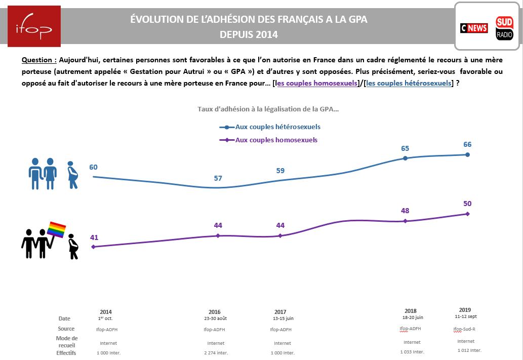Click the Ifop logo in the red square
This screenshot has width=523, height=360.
click(34, 26)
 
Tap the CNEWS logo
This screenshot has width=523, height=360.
click(473, 28)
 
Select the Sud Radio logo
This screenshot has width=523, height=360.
click(504, 28)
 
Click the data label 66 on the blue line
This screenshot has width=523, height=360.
click(467, 145)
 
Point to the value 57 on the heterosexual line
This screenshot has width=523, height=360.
click(218, 178)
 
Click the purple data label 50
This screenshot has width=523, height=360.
click(467, 204)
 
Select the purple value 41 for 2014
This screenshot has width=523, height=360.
click(94, 237)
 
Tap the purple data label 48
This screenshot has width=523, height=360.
click(405, 211)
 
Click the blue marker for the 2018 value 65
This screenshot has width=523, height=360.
click(405, 158)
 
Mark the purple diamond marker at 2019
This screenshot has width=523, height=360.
click(467, 214)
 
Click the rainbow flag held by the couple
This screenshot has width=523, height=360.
click(56, 229)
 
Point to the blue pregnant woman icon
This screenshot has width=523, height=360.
click(73, 175)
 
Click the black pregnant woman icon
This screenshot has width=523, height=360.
click(73, 247)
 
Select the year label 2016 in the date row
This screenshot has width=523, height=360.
click(214, 312)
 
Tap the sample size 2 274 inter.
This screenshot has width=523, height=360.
click(214, 353)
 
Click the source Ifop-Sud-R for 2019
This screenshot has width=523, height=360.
click(464, 329)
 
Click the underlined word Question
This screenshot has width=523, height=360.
click(38, 59)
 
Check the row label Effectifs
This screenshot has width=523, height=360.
click(66, 353)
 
